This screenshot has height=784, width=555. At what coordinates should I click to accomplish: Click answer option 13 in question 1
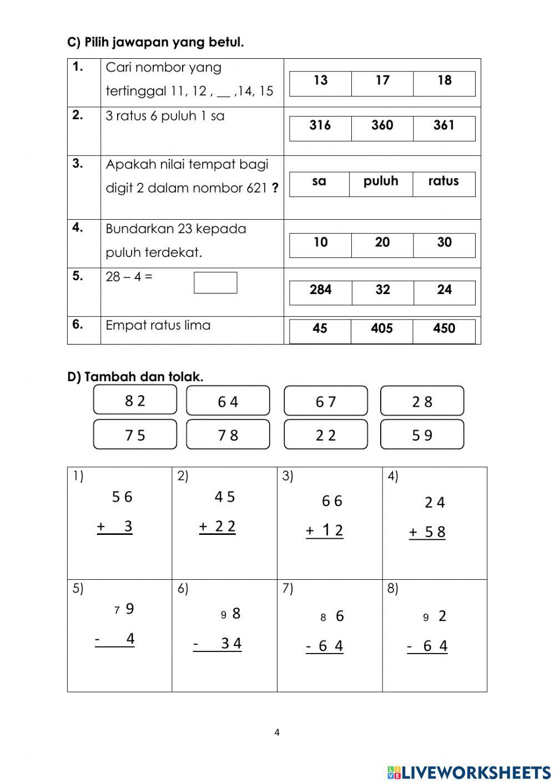(x=320, y=81)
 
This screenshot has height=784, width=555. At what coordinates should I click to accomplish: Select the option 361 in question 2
(x=444, y=126)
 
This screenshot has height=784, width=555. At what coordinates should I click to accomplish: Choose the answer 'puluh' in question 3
(x=381, y=181)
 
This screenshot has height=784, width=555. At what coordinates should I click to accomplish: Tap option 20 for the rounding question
(x=382, y=242)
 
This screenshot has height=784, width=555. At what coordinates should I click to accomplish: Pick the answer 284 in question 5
(x=320, y=290)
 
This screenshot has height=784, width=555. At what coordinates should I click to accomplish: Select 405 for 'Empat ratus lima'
(x=382, y=329)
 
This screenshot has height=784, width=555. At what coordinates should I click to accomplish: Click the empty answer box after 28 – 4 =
(x=215, y=282)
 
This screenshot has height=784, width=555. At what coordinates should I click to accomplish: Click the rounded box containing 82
(x=135, y=401)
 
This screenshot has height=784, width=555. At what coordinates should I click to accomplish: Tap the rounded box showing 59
(x=422, y=435)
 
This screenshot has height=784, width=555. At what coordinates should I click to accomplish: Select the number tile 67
(x=326, y=401)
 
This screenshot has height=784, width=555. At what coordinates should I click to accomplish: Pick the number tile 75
(x=135, y=435)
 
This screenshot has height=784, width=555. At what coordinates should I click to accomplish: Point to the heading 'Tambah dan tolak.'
(x=135, y=377)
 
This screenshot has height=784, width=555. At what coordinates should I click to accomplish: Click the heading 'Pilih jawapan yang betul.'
(x=155, y=42)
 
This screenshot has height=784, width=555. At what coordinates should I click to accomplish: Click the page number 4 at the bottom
(x=277, y=732)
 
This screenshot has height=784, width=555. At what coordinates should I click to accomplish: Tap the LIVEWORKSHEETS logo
(x=469, y=772)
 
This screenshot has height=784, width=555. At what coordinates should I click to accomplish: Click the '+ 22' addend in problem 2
(x=218, y=527)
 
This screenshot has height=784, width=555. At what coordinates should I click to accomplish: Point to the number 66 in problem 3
(x=332, y=501)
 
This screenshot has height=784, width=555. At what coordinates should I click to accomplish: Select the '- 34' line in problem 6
(x=218, y=644)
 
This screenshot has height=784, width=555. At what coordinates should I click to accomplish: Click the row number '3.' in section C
(x=78, y=164)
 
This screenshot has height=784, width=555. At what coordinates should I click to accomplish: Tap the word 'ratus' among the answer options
(x=443, y=181)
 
